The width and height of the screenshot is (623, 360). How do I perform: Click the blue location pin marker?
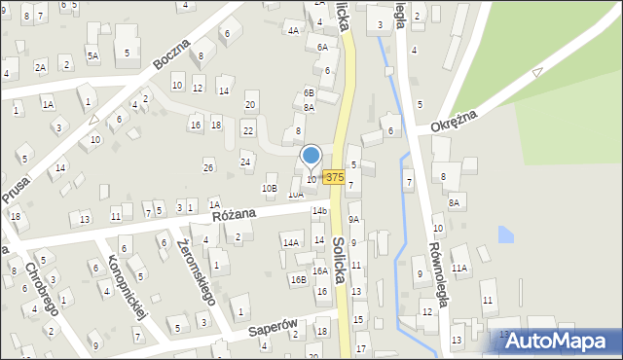click(311, 156)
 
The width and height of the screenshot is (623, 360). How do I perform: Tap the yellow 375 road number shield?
click(334, 177)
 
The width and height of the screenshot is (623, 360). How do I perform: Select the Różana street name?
click(233, 213)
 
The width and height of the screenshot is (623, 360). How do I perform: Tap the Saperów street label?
click(271, 330)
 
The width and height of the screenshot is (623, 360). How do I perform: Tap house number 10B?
click(270, 188)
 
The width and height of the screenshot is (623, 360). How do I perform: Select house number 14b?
click(318, 211)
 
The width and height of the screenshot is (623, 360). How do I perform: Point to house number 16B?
click(298, 279)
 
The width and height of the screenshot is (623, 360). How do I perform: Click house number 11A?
click(459, 268)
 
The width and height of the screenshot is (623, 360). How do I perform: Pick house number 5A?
click(92, 56)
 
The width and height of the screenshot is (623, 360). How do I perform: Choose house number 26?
click(207, 167)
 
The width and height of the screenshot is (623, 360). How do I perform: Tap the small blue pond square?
click(505, 234)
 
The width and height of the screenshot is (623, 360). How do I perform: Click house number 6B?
click(309, 92)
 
